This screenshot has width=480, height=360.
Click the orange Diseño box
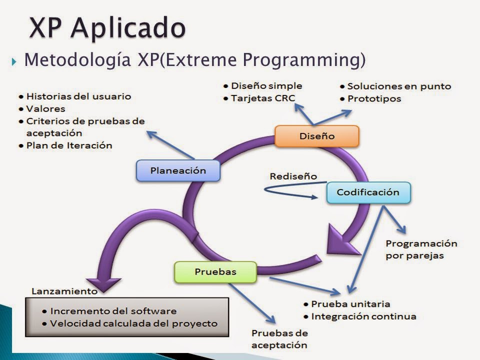pos(316,136)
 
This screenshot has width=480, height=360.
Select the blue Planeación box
pos(178,170)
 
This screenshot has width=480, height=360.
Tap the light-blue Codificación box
pos(368,192)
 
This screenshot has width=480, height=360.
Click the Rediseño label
pos(293,176)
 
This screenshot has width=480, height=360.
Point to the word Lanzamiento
pos(64,290)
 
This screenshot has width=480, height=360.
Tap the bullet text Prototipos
pos(374,98)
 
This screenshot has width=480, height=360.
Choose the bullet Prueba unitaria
pos(350,304)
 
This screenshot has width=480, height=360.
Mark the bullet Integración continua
pos(363,316)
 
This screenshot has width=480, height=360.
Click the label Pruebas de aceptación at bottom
pos(279,338)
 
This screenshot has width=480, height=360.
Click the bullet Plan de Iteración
pos(69,145)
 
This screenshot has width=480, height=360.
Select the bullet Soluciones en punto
pos(398,86)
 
